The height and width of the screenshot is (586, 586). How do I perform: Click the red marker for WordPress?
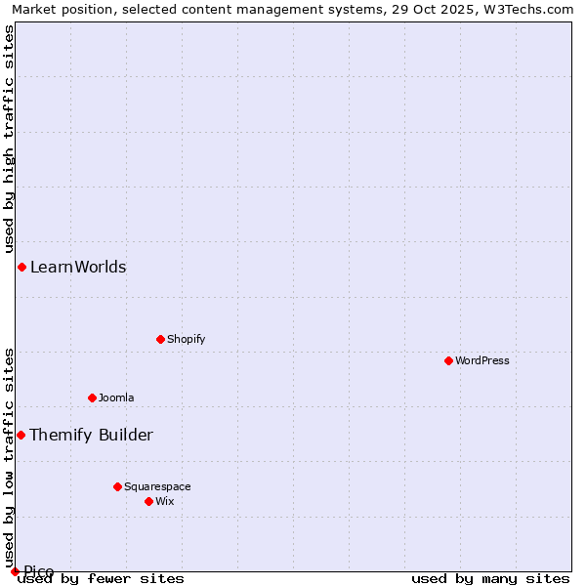(448, 360)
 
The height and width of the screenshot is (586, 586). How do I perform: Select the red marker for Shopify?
(161, 339)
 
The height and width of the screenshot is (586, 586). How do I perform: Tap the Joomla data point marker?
(93, 398)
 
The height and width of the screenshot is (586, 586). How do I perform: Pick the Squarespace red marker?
(117, 486)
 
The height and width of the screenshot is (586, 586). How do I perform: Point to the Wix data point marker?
(148, 501)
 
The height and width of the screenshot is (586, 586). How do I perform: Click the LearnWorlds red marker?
(21, 267)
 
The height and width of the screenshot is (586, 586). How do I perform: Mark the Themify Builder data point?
(21, 435)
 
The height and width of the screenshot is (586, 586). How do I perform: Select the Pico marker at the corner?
(15, 571)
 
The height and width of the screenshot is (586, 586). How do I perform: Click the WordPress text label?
(482, 360)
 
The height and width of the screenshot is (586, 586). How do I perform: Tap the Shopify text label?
(186, 339)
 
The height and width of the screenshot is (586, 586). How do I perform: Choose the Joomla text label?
(116, 398)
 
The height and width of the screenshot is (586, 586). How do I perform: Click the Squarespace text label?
(157, 486)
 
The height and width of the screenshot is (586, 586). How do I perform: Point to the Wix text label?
(165, 501)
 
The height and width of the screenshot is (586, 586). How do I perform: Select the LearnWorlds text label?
(78, 267)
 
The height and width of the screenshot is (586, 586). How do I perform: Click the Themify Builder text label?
(91, 435)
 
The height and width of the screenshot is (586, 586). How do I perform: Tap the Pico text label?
(39, 571)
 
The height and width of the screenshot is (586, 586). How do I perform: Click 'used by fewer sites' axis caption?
(102, 578)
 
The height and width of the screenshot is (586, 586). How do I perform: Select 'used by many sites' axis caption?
(490, 578)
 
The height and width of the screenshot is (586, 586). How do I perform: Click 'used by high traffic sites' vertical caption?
(10, 136)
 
